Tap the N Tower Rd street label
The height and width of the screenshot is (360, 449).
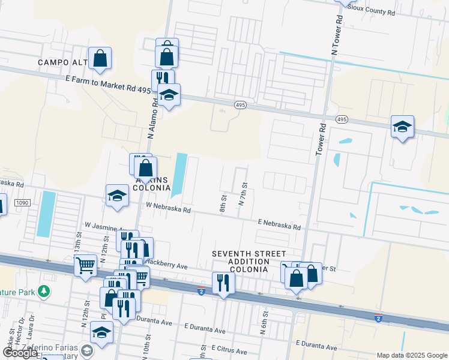(338, 37)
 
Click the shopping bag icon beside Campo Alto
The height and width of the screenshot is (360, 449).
(100, 59)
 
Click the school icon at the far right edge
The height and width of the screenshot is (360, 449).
(402, 127)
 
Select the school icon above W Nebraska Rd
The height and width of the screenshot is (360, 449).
(117, 196)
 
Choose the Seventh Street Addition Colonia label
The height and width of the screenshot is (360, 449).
(249, 262)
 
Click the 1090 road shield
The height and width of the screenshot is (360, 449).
(22, 203)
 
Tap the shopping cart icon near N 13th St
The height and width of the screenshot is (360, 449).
(85, 264)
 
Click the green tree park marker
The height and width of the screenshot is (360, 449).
(43, 292)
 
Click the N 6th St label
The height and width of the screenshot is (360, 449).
(264, 322)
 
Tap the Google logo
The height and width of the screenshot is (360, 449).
(20, 353)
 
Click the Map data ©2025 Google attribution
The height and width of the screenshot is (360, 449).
(411, 355)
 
